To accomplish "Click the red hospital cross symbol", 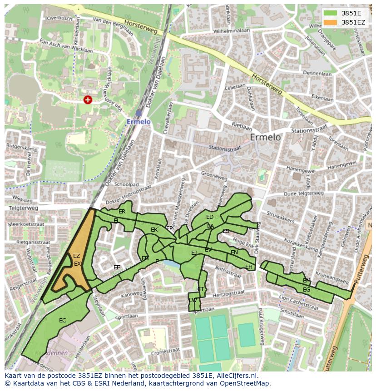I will point(88,99).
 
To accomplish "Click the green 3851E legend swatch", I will point(331,13).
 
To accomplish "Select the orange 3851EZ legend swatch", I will point(331,22).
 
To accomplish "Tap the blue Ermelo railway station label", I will point(138,122).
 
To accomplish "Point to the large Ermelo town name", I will point(265,137).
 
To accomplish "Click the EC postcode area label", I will point(63,321).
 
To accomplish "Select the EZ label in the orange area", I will point(76,256).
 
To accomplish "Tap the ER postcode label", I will point(122,212).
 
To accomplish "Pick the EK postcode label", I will point(154,230).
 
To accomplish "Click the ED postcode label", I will point(209,217).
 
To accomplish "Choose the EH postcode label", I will point(248,267).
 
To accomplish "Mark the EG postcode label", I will point(307,290).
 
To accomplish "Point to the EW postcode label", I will point(193,300).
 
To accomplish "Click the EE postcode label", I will point(117,267).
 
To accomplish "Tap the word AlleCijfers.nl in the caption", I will point(237,376).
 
